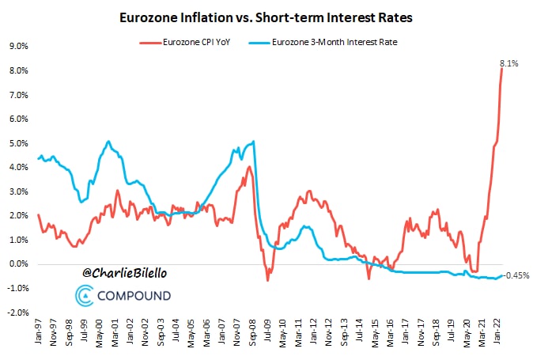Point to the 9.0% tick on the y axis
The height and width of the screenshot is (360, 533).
(18, 47)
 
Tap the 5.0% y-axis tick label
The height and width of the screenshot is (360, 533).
(18, 143)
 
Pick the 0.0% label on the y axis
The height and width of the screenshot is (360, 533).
(18, 264)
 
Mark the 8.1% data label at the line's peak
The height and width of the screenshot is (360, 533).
(508, 63)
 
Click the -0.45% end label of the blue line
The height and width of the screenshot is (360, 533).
(516, 275)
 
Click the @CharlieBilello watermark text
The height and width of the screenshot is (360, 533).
(125, 273)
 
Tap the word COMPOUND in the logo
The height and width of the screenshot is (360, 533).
(134, 297)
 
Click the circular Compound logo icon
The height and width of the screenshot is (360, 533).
(85, 297)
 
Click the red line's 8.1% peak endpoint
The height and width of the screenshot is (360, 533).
(502, 69)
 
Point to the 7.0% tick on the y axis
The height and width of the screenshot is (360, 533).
(18, 95)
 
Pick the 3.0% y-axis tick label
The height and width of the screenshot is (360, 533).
(18, 191)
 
